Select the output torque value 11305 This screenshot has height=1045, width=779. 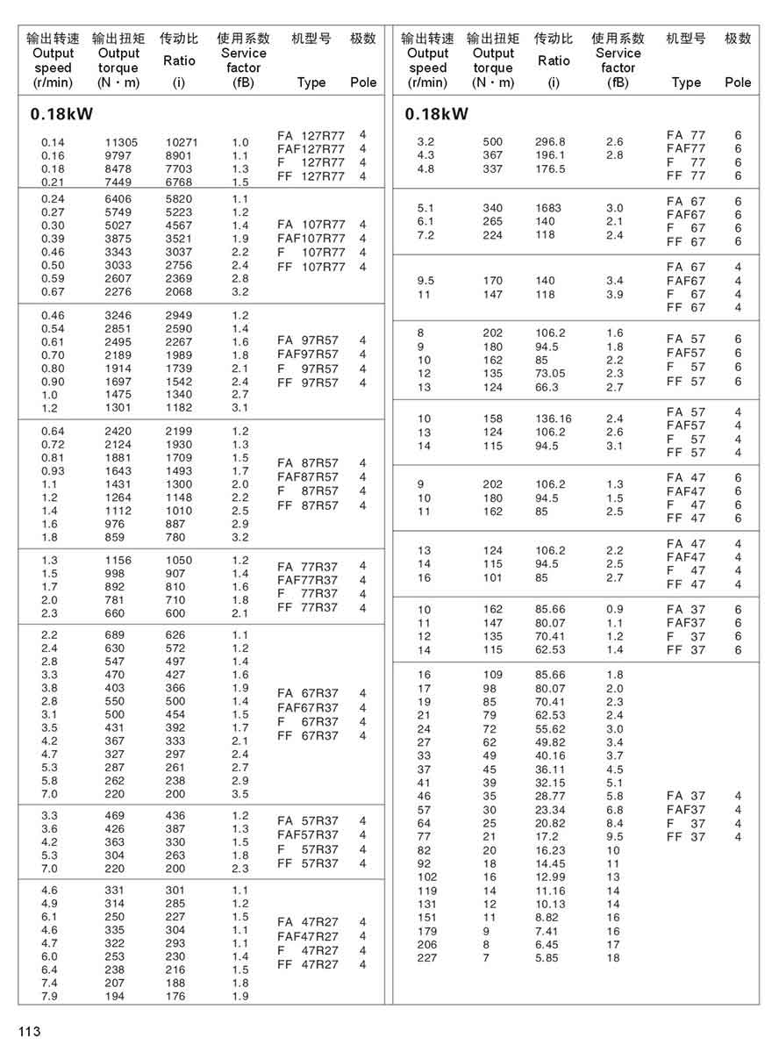pos(121,142)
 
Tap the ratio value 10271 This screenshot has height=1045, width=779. pos(182,142)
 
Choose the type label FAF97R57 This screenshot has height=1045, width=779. pos(308,354)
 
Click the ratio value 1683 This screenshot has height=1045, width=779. pos(549,208)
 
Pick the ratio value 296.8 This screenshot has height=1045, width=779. pos(551,142)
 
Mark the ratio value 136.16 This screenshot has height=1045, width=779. pos(554,419)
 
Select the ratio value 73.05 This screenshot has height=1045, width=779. pos(553,374)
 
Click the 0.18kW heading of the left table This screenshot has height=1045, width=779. pos(61,114)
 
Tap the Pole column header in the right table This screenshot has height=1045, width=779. pos(738,82)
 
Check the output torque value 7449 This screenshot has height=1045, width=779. pos(118,182)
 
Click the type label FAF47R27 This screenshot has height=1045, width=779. pos(308,936)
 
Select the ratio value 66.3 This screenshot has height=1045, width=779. pos(548,387)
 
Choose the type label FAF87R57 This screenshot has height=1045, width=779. pos(308,477)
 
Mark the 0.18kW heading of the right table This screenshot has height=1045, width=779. pos(437,114)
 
